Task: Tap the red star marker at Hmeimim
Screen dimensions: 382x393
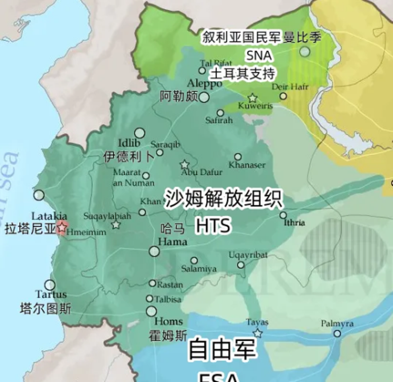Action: tap(62, 227)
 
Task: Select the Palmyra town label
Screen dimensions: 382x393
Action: tap(337, 323)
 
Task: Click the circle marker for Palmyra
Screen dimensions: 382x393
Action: tap(337, 333)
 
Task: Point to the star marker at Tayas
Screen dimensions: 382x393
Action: tap(258, 333)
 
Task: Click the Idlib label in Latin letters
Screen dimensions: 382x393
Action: tap(129, 143)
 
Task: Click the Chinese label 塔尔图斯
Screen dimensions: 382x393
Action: tap(46, 308)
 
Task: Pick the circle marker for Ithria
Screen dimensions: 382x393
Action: tap(283, 215)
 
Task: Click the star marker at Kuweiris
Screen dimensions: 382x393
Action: tap(252, 98)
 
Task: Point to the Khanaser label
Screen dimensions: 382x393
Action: tap(247, 165)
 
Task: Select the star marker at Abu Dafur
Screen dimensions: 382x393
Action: tap(184, 165)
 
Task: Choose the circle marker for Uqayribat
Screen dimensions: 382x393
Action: tap(241, 265)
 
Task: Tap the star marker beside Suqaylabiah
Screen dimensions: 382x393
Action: tap(115, 225)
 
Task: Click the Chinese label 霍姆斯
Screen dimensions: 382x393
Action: tap(168, 335)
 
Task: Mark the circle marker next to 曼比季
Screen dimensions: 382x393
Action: tap(305, 51)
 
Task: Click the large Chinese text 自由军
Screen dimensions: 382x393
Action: tap(222, 349)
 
